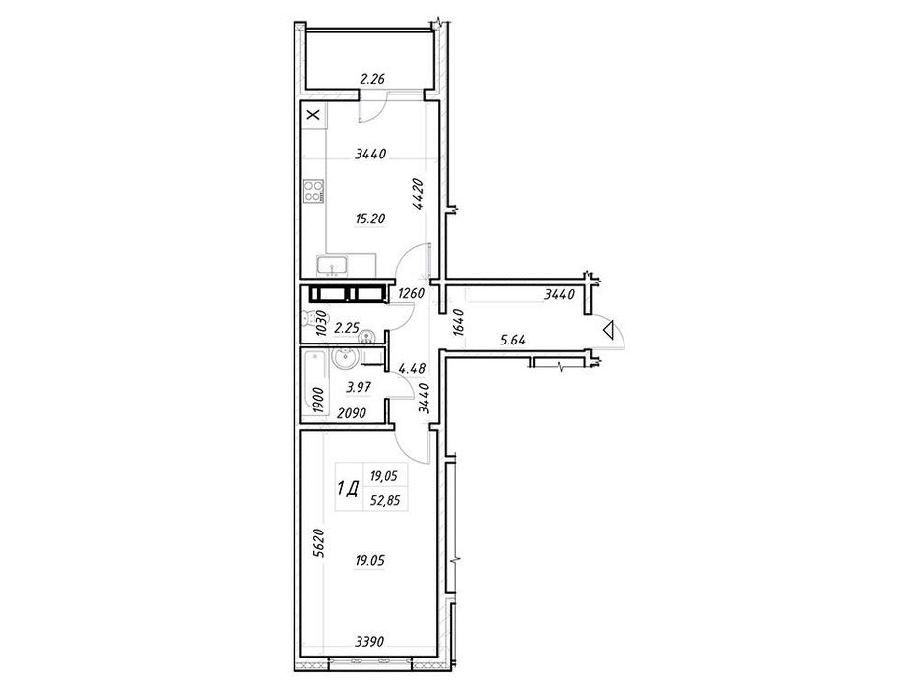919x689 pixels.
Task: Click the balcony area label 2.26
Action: [x=371, y=79]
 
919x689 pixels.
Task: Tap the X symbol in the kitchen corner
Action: [x=315, y=114]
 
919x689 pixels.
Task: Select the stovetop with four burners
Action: [x=314, y=190]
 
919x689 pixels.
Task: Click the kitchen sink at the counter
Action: [x=332, y=266]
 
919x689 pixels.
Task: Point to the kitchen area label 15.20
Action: [x=369, y=219]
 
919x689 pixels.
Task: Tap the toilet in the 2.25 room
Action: [x=308, y=318]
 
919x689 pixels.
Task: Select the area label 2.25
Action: [x=346, y=328]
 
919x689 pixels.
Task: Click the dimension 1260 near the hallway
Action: [x=411, y=293]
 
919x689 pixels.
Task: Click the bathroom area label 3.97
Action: [x=359, y=387]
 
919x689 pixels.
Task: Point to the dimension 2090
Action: [x=352, y=413]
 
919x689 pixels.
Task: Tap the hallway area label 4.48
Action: [x=412, y=368]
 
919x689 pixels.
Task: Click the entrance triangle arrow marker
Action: [x=609, y=331]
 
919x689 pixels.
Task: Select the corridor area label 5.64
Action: [x=513, y=340]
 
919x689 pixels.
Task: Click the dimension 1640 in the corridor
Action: [x=459, y=324]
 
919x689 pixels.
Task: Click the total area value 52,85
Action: [x=384, y=501]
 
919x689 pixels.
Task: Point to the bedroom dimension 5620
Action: [x=319, y=545]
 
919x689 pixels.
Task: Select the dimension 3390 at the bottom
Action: [x=369, y=642]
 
